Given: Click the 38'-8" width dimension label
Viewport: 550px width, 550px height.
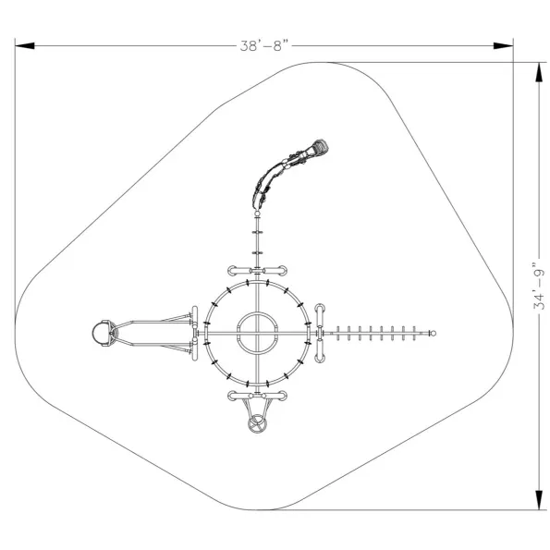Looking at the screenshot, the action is point(265,45).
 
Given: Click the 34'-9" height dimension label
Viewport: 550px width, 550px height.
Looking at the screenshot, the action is point(539,286).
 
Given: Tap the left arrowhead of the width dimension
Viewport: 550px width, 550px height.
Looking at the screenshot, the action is point(25,45).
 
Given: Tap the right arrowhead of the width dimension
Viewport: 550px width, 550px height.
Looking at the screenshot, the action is point(504,45).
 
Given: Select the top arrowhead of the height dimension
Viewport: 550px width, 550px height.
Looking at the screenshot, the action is point(539,72).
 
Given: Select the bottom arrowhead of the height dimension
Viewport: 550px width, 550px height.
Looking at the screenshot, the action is point(539,500).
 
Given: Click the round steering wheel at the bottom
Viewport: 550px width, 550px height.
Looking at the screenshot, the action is point(258,424).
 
